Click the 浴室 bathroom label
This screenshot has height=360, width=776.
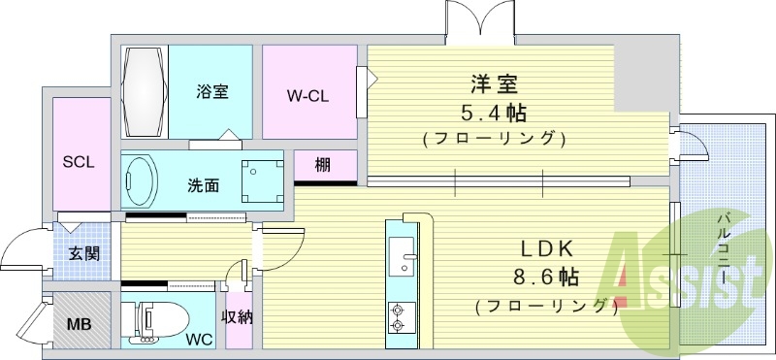tap(211, 92)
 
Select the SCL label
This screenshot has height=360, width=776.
tap(79, 162)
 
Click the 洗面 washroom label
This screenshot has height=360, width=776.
tap(203, 185)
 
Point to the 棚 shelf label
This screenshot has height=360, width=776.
tap(323, 165)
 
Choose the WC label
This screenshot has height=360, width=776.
tap(199, 340)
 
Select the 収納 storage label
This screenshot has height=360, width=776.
tap(238, 316)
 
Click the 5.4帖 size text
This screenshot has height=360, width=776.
tap(494, 111)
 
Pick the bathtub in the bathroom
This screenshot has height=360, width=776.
tap(146, 91)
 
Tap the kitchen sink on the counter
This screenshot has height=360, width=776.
tap(399, 256)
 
